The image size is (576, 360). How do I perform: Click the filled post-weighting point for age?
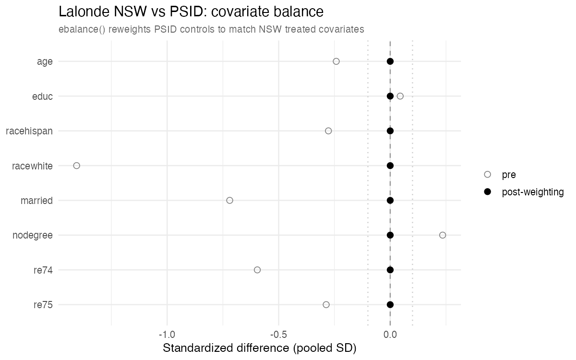tap(390, 61)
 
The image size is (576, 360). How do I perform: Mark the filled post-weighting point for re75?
tap(390, 305)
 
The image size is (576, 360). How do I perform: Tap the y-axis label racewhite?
tap(32, 166)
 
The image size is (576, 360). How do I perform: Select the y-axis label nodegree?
tap(33, 235)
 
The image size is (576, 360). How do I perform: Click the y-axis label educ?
tap(42, 96)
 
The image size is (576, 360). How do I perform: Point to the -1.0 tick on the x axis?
tap(167, 335)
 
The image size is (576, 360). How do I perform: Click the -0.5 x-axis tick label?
tap(278, 335)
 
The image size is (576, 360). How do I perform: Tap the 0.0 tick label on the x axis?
tap(390, 335)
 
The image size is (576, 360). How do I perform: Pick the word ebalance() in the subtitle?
tap(82, 29)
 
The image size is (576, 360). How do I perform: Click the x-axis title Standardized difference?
tap(226, 348)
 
